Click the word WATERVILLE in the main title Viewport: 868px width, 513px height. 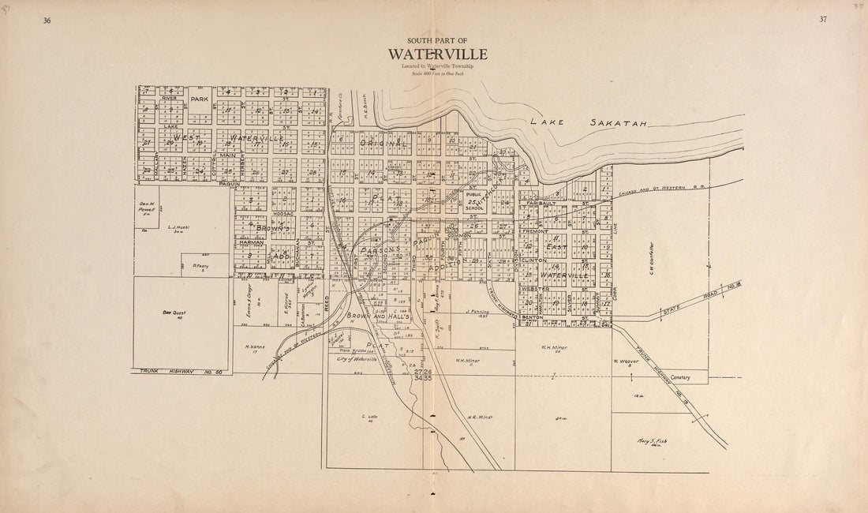click(x=437, y=54)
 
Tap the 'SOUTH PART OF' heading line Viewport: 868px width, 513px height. click(x=437, y=40)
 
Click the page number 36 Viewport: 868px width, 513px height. click(x=47, y=20)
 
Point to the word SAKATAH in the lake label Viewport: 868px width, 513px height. click(x=619, y=123)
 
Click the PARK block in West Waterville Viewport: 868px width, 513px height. click(x=198, y=99)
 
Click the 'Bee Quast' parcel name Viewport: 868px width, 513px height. click(x=173, y=313)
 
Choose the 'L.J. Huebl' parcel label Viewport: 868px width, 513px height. click(x=179, y=227)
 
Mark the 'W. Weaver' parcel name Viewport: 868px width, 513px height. click(x=625, y=362)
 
